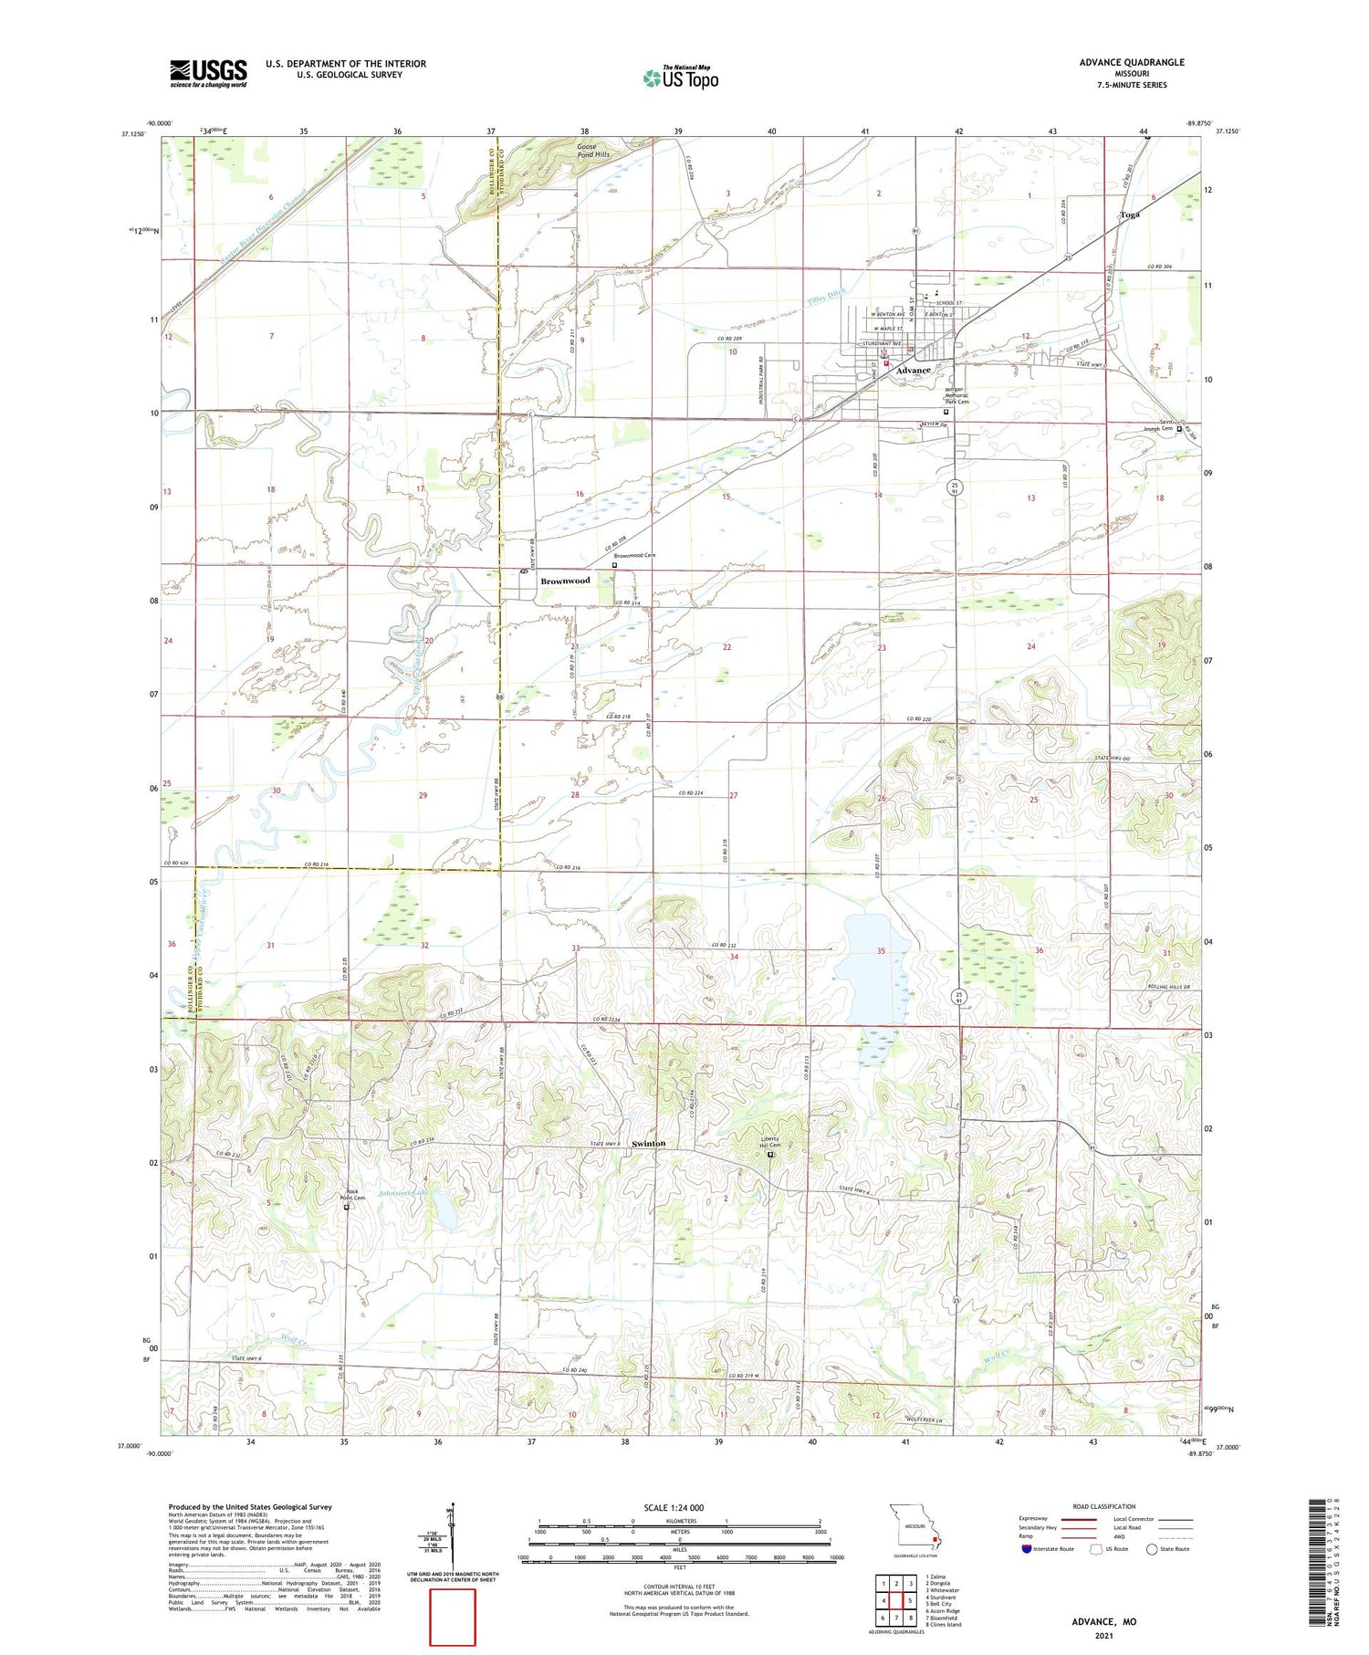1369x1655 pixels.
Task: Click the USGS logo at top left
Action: pos(208,73)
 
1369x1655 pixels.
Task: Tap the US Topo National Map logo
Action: pos(681,78)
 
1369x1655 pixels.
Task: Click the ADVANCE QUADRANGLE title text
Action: pos(1131,62)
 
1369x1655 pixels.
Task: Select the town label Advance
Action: pos(913,371)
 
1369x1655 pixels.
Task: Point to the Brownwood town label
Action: pos(565,581)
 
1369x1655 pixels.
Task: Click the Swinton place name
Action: pos(649,1143)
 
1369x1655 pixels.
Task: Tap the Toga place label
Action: pos(1130,215)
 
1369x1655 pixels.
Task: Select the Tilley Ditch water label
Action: pos(826,299)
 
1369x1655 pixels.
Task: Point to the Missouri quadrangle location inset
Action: pos(914,1528)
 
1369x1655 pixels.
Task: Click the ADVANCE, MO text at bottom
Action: pos(1103,1621)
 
